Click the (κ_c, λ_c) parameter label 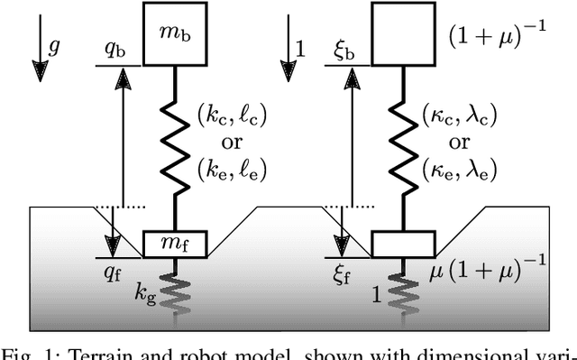(460, 115)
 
